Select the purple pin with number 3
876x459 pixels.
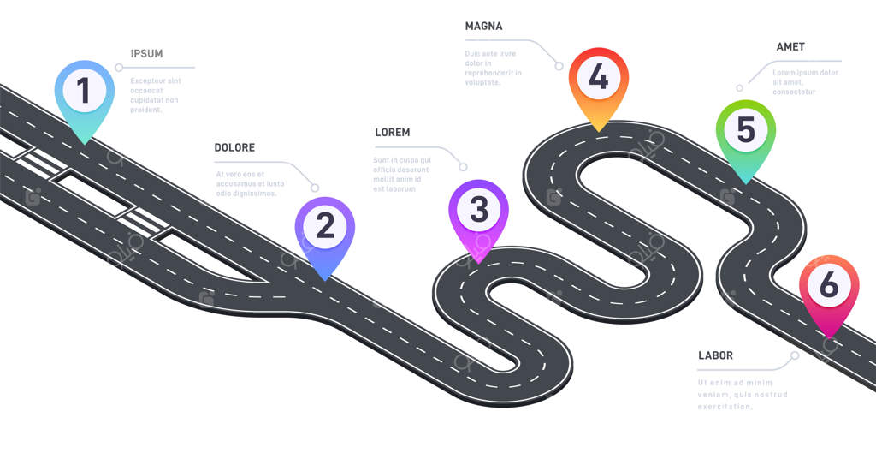pyautogui.click(x=479, y=210)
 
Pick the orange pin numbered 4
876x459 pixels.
pyautogui.click(x=599, y=78)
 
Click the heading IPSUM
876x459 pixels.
pyautogui.click(x=146, y=54)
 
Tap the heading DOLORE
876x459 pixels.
pyautogui.click(x=234, y=148)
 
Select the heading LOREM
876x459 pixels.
pyautogui.click(x=393, y=133)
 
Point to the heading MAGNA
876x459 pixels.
pyautogui.click(x=484, y=27)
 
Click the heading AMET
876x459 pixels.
pyautogui.click(x=790, y=47)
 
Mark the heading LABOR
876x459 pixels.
pyautogui.click(x=715, y=355)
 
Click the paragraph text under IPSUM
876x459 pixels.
pyautogui.click(x=156, y=95)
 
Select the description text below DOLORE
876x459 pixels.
pyautogui.click(x=250, y=183)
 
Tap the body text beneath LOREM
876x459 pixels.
pyautogui.click(x=402, y=174)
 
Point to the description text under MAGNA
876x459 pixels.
pyautogui.click(x=493, y=68)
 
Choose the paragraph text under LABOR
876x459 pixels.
pyautogui.click(x=742, y=395)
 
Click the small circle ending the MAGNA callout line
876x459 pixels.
pyautogui.click(x=559, y=65)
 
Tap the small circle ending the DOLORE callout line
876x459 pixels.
pyautogui.click(x=315, y=188)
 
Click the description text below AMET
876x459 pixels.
pyautogui.click(x=805, y=82)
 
